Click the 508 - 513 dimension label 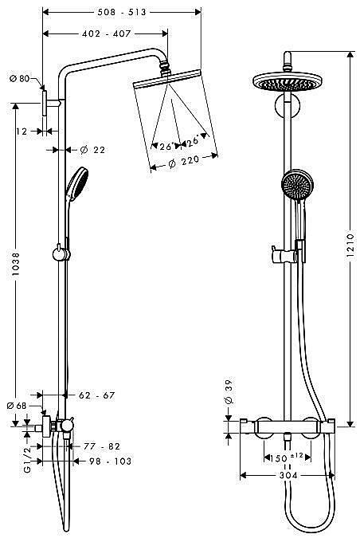[x=122, y=12]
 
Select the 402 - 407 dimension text [x=106, y=33]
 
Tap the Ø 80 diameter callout [x=20, y=79]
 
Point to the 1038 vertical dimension [x=15, y=265]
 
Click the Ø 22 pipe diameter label [x=92, y=150]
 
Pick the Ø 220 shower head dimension [x=184, y=161]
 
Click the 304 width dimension [x=288, y=475]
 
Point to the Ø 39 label [x=229, y=391]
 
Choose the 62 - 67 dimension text [x=96, y=395]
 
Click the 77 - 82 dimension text [x=102, y=446]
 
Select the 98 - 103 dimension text [x=111, y=461]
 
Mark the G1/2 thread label [x=27, y=459]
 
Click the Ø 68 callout [x=17, y=406]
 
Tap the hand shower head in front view [x=297, y=185]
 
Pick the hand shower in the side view [x=76, y=183]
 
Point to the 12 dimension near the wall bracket [x=22, y=131]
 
